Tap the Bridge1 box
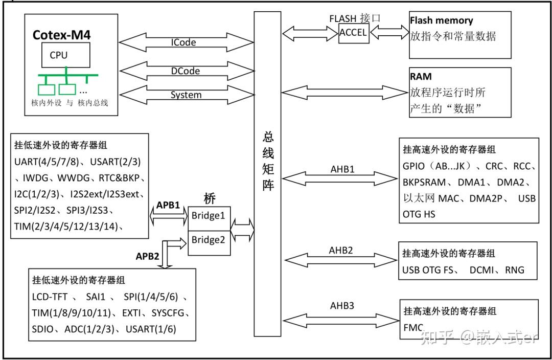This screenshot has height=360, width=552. (208, 215)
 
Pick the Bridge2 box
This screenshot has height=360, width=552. (208, 240)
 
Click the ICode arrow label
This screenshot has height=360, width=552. (183, 42)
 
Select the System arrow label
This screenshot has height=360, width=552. (186, 95)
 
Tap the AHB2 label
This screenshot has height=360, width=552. (341, 251)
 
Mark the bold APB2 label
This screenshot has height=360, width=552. (148, 256)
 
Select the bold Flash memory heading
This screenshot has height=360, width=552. (441, 21)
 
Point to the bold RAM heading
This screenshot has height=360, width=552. (421, 77)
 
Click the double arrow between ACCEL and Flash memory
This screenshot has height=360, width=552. (388, 32)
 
